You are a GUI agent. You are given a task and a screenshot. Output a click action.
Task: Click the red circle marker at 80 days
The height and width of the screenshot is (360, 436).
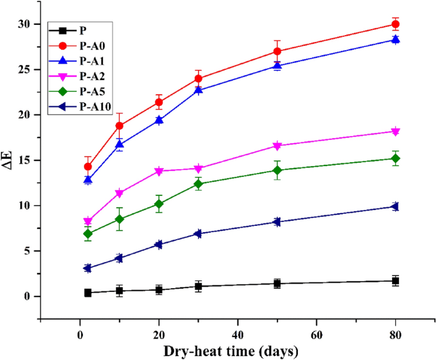[395, 24]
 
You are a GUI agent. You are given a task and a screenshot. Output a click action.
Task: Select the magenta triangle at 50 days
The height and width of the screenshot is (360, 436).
[277, 146]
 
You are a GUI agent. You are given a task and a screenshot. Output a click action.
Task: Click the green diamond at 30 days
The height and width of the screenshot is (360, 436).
[198, 184]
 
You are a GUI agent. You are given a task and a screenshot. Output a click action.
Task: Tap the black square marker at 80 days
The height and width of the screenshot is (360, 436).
[395, 280]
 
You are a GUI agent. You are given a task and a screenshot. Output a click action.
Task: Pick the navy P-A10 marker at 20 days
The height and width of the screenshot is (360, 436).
[158, 244]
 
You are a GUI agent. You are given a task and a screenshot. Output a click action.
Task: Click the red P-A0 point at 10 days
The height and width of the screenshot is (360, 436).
[119, 126]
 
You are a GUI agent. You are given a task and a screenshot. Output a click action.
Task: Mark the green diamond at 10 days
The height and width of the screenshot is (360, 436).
[119, 219]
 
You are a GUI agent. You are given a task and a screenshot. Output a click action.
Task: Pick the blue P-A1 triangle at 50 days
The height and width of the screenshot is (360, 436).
[277, 66]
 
